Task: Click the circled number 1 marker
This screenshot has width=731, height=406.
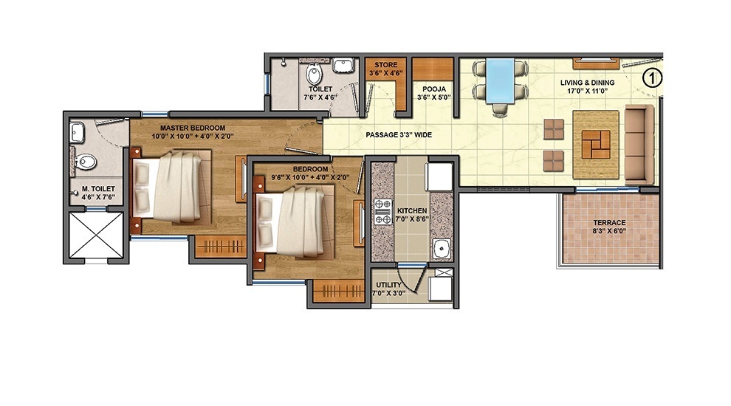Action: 651,77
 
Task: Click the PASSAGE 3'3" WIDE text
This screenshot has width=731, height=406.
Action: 399,135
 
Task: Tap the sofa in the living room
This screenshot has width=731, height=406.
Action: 639,144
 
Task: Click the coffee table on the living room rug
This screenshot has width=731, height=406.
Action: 595,142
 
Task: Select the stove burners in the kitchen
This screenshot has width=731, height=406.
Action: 383,211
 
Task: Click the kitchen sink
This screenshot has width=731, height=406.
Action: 441,249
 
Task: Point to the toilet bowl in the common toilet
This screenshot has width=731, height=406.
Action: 314,75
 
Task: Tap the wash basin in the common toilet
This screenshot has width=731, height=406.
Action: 343,66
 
